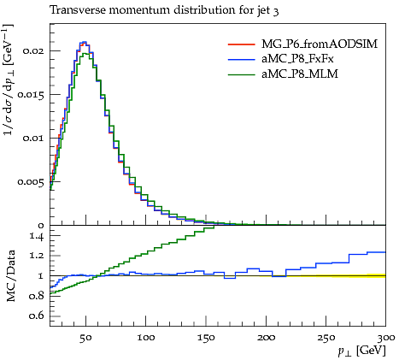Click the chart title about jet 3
pos(164,11)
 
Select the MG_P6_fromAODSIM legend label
pos(320,44)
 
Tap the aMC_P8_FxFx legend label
pos(297,59)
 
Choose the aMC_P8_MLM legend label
pos(300,74)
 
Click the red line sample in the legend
pos(242,44)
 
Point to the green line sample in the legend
pos(242,74)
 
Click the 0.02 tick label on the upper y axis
pos(33,51)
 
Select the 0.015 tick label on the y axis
pos(31,95)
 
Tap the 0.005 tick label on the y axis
pos(31,182)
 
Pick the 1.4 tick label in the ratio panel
pos(37,236)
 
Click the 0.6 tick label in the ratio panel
pos(37,316)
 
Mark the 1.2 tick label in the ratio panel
pos(37,256)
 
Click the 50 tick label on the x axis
pos(85,338)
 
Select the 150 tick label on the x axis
pos(206,338)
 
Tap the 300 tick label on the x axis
pos(385,338)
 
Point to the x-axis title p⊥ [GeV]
pos(361,351)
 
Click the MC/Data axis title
pos(10,276)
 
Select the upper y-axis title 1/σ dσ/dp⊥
pos(9,80)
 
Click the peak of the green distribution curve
pos(85,53)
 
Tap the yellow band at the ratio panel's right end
pos(377,275)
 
